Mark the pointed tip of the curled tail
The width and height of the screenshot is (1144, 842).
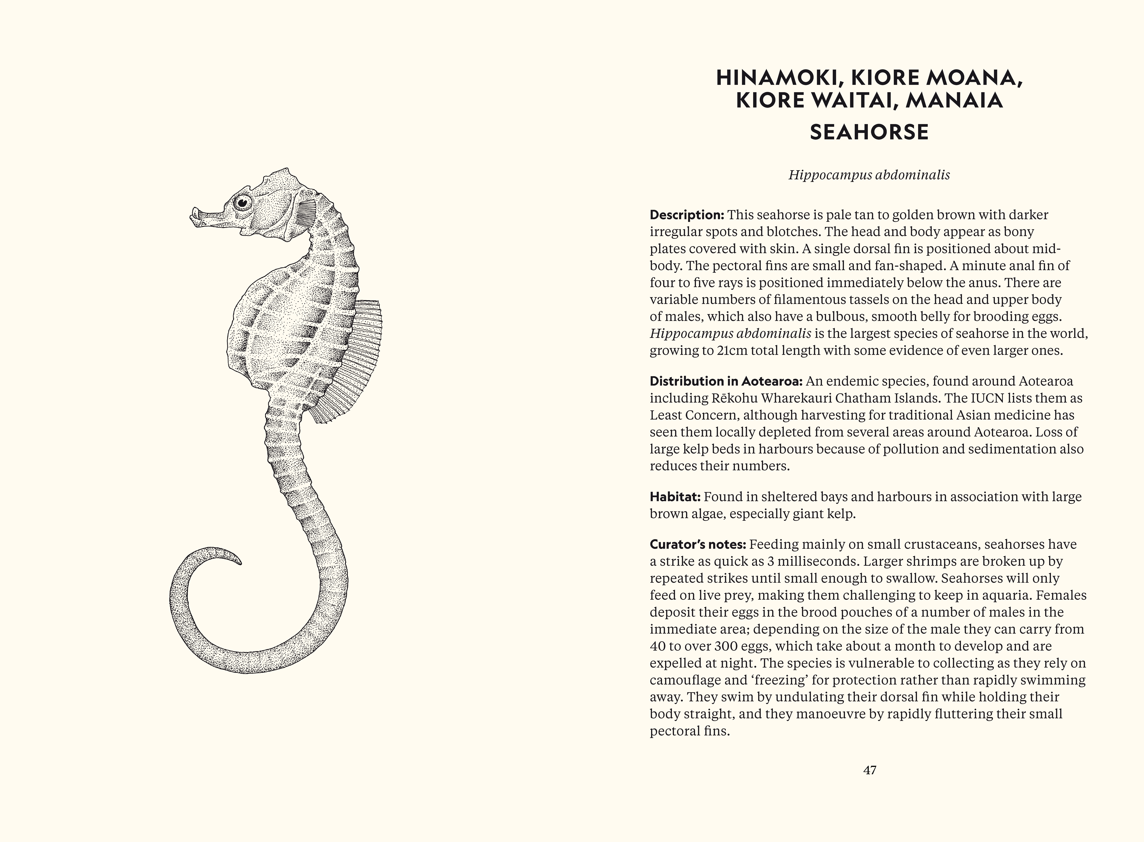point(240,563)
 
